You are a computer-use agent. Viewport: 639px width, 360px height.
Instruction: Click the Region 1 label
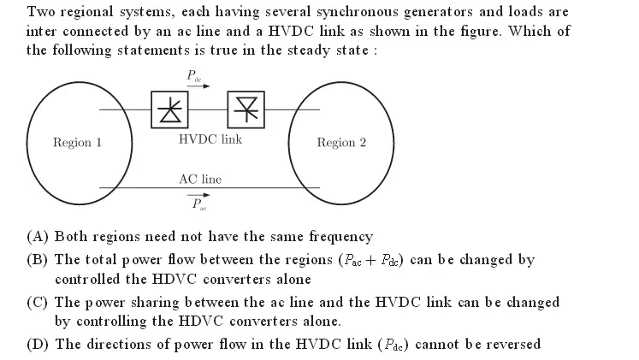(x=77, y=143)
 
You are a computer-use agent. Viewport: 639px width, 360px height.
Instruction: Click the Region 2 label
(x=341, y=143)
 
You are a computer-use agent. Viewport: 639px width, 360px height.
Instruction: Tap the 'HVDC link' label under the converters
(x=210, y=139)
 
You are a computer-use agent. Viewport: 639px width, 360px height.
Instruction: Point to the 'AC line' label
(x=200, y=180)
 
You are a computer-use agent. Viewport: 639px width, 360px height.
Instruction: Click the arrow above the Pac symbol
(x=199, y=195)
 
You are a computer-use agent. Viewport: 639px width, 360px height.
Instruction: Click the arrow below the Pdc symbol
(x=201, y=86)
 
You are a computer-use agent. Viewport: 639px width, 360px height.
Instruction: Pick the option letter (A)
(x=39, y=236)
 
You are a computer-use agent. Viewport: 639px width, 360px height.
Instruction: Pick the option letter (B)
(x=39, y=259)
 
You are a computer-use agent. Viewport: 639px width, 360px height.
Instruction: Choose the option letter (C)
(x=39, y=302)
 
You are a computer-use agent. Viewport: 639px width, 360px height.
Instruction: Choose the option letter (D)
(x=39, y=344)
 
